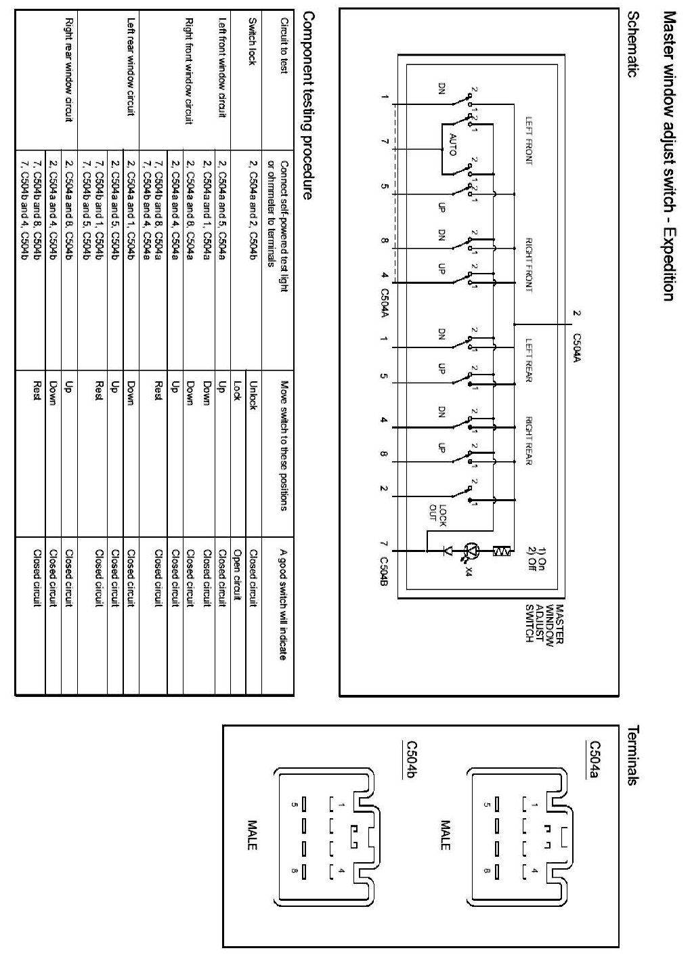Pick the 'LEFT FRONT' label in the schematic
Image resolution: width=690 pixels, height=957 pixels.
529,142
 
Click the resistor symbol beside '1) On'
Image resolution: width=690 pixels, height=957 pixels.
503,551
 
